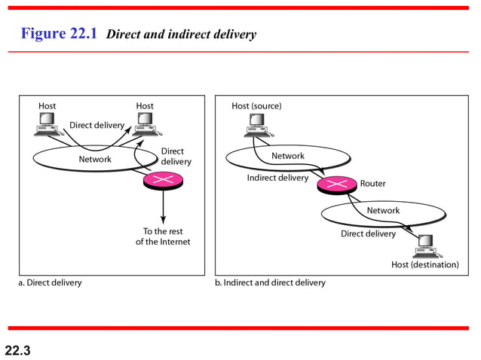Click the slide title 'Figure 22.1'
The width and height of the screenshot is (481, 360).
pos(59,34)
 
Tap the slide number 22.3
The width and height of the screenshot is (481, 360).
pos(17,349)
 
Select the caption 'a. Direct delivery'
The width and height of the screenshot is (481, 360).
pos(50,283)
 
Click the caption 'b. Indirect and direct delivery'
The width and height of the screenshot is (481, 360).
pos(271,283)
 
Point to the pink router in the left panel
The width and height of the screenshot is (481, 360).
pos(160,181)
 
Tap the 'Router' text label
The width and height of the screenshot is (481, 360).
pos(372,184)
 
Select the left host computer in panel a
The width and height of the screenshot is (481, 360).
pos(47,124)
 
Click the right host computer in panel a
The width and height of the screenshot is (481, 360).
pos(145,124)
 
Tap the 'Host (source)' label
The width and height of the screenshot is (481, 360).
pos(256,106)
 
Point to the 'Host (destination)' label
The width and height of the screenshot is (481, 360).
pos(424,264)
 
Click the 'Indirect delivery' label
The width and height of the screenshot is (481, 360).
pos(277,178)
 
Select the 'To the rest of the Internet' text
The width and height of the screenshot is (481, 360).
pos(163,236)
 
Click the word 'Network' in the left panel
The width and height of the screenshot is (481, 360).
pos(95,159)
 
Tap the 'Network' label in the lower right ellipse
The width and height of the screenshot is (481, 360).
pos(383,211)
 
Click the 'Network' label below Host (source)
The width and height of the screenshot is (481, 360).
pos(288,156)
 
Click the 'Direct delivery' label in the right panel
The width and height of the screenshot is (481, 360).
pos(368,233)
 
